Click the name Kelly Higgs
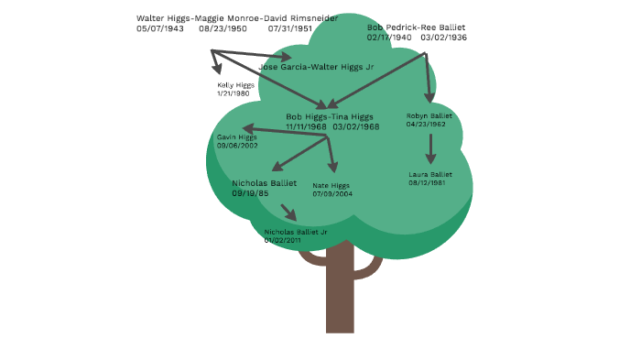(234, 84)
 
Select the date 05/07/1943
(160, 28)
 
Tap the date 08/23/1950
(223, 28)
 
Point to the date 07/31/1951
(290, 28)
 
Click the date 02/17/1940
(389, 38)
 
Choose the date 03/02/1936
(444, 38)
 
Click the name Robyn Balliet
(429, 116)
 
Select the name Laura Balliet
(430, 174)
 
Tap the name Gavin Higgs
(237, 137)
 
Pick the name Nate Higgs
(331, 185)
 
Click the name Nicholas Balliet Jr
(296, 232)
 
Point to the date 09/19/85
(250, 193)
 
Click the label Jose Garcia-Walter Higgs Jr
(317, 67)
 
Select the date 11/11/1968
(307, 126)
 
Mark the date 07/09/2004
(332, 194)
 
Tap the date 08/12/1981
(427, 183)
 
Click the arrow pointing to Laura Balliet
(430, 149)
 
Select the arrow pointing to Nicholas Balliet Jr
(288, 212)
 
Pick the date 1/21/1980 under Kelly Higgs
(234, 93)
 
